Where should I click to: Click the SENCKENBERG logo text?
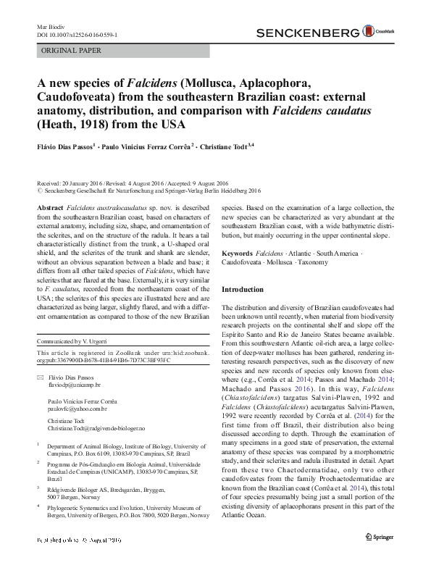coord(308,32)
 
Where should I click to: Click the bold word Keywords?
coord(237,254)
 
